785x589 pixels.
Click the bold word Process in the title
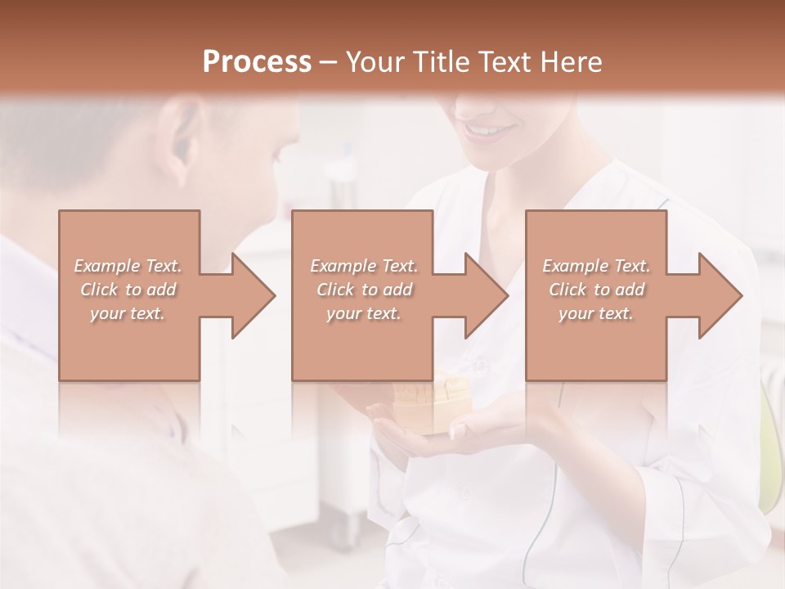click(257, 61)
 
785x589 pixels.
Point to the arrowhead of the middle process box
click(486, 295)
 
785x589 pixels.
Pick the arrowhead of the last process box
click(720, 295)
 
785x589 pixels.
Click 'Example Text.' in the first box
click(128, 266)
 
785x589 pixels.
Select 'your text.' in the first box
click(128, 313)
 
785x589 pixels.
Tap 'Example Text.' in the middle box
click(364, 266)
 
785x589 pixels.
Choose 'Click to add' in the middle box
click(364, 290)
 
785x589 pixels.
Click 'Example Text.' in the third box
click(596, 266)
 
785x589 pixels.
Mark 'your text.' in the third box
click(596, 313)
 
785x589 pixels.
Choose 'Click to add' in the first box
click(128, 290)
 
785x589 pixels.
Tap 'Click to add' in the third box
click(596, 290)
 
